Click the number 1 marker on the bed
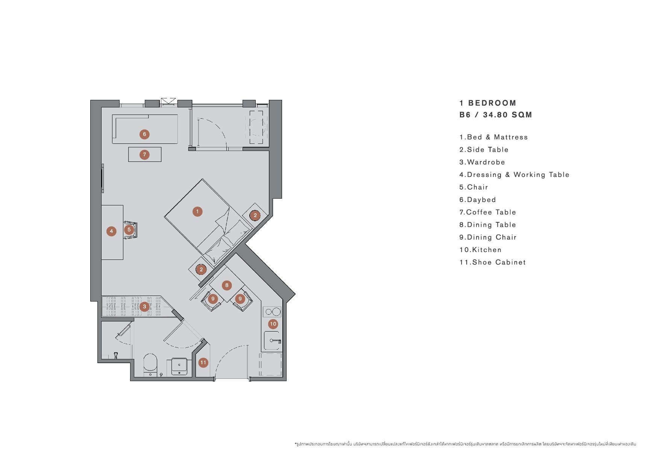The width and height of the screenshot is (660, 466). coord(197,212)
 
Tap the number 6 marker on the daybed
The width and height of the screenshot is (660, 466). coord(144,134)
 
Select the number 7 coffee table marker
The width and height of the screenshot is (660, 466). coord(144,154)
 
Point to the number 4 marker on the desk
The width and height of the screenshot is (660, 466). coord(111,231)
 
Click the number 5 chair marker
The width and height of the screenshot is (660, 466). coord(129,229)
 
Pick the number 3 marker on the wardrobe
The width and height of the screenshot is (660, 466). coord(144,307)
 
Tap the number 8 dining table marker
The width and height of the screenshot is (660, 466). coord(227,285)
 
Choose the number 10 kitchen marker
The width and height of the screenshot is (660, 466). coord(273,324)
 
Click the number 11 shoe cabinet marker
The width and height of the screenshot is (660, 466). coord(203,362)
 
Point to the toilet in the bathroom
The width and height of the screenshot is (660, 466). coord(150,365)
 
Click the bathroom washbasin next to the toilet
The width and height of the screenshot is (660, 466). coord(180,366)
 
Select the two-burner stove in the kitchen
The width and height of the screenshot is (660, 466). coord(272,312)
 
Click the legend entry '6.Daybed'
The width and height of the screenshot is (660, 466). coord(478,200)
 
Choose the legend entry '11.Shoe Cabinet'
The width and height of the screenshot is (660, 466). coord(492,262)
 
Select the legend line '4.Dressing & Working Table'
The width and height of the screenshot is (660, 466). coord(514,175)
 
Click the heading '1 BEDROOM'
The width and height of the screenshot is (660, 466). coord(488,103)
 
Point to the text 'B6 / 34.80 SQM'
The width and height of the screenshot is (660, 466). coord(496,115)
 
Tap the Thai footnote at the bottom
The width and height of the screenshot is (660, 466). coord(465,444)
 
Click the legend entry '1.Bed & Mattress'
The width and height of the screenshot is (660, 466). coord(493,137)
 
